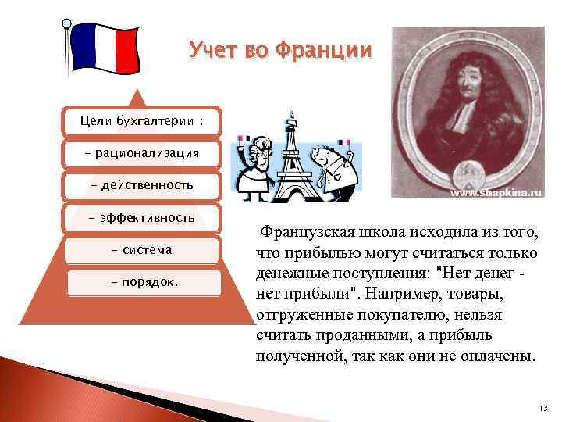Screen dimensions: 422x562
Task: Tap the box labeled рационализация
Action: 141,153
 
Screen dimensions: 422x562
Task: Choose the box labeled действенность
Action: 141,186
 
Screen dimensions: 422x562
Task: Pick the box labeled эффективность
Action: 141,218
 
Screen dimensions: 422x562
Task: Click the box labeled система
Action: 141,250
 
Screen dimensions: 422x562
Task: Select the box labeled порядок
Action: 140,282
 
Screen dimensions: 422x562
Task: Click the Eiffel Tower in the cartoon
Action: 293,160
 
